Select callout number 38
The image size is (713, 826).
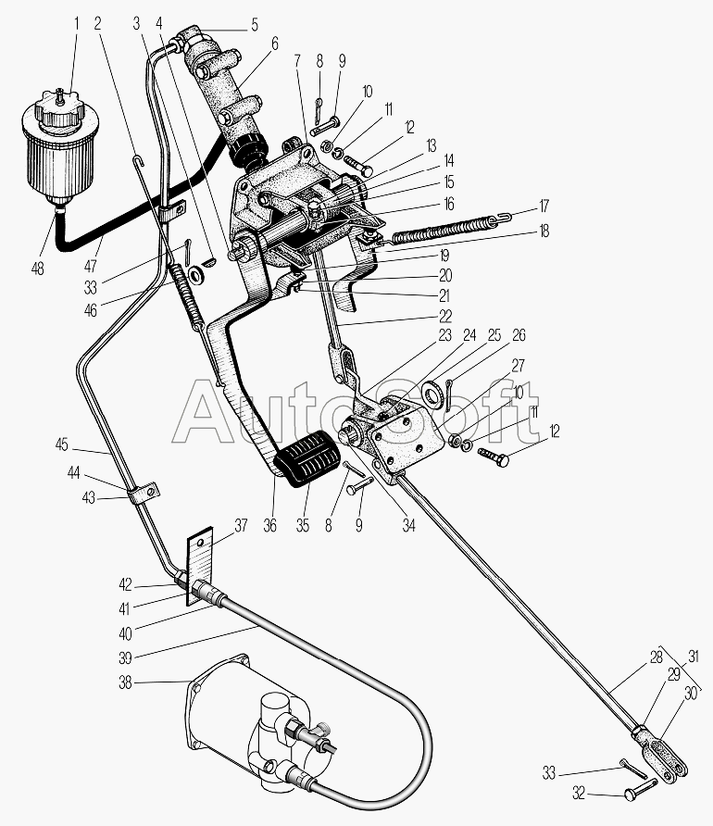coord(125,682)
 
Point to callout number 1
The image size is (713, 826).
coord(77,23)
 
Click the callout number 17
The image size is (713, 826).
coord(544,206)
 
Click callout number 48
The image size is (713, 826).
coord(37,269)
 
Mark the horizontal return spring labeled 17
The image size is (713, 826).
coord(445,229)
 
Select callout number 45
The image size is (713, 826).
coord(62,444)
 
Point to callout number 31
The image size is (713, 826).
coord(694,657)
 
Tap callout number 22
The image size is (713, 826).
coord(445,316)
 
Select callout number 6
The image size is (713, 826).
coord(275,44)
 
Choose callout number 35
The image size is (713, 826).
coord(302,525)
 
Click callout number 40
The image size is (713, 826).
coord(125,633)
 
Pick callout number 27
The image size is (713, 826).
coord(519,365)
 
